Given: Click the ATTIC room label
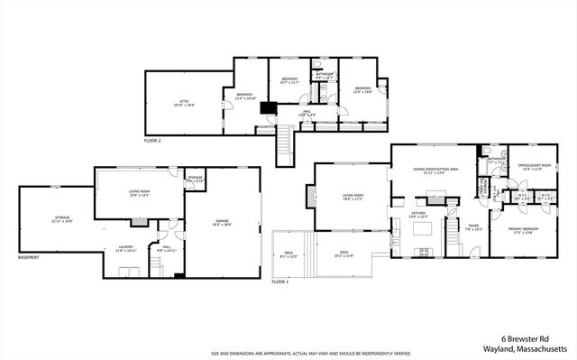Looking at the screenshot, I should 184,103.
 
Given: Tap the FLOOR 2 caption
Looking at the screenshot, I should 152,142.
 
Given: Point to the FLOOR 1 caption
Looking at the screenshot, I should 280,282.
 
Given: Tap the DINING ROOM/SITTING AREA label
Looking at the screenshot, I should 435,170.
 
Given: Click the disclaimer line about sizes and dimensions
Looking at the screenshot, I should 288,354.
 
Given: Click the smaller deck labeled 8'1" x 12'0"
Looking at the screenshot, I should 288,255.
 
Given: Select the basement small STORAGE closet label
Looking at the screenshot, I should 195,179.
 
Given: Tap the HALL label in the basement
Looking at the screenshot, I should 169,249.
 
